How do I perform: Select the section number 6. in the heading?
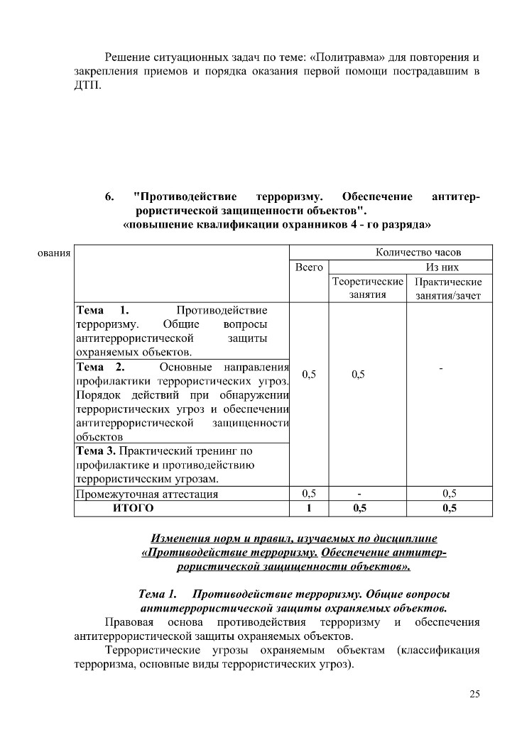pyautogui.click(x=110, y=196)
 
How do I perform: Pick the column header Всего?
pyautogui.click(x=309, y=267)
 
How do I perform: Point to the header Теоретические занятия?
pyautogui.click(x=367, y=288)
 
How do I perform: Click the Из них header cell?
pyautogui.click(x=442, y=267)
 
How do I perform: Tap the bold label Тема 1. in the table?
pyautogui.click(x=102, y=311)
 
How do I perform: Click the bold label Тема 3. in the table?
pyautogui.click(x=97, y=450)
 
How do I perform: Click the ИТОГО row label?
pyautogui.click(x=133, y=508)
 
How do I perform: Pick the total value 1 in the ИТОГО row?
pyautogui.click(x=309, y=508)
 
